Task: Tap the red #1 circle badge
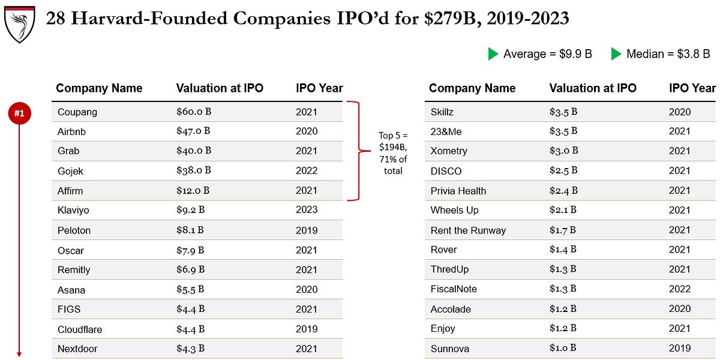[19, 113]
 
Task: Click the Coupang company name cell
[77, 112]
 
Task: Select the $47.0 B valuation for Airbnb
[193, 131]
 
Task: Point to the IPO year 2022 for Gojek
[307, 171]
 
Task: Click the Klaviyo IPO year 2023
[307, 210]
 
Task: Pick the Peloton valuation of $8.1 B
[190, 230]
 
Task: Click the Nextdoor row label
[77, 349]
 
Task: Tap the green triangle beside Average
[493, 54]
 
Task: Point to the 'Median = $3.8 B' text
[668, 54]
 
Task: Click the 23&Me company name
[446, 131]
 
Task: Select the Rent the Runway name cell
[468, 230]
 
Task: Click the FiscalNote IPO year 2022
[680, 289]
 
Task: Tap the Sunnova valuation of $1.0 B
[563, 348]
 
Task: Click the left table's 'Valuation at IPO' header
[220, 88]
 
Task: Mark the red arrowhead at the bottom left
[19, 354]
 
